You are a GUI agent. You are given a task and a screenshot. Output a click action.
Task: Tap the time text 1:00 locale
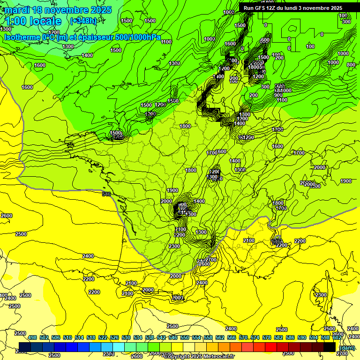[x=34, y=21]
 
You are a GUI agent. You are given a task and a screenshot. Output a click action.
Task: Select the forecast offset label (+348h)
[x=83, y=21]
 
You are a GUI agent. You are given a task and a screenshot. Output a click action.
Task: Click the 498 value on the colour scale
[x=32, y=337]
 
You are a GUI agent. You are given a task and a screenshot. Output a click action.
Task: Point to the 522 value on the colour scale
[x=103, y=337]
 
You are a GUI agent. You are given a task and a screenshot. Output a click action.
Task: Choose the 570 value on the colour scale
[x=243, y=337]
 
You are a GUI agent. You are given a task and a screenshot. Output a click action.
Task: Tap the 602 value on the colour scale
[x=337, y=337]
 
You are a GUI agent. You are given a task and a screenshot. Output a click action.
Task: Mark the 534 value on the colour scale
[x=138, y=337]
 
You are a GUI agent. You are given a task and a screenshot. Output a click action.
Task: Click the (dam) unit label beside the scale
[x=346, y=347]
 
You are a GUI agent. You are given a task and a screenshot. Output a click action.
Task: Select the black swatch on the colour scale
[x=330, y=347]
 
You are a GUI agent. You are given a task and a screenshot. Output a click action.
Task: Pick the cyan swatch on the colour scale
[x=119, y=347]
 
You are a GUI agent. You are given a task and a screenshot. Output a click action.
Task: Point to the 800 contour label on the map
[x=351, y=65]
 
